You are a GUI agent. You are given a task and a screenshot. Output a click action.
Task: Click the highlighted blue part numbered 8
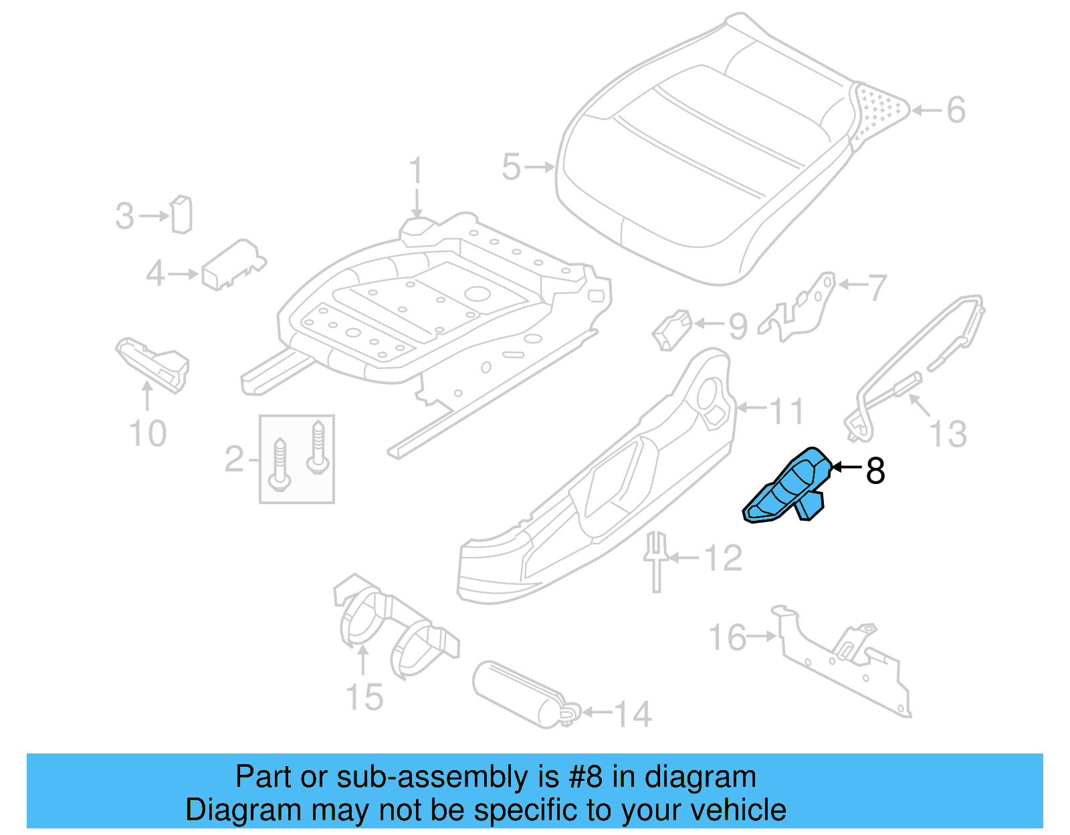coord(788,487)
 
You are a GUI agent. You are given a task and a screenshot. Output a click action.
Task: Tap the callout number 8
coord(875,471)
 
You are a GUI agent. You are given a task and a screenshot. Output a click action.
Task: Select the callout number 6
coord(956,110)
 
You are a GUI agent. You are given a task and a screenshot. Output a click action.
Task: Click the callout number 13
coord(948,434)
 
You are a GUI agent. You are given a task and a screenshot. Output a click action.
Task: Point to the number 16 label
coord(728,638)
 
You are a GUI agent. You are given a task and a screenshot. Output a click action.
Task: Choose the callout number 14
coord(633,714)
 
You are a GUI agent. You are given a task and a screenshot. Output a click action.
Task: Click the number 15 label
coord(364,697)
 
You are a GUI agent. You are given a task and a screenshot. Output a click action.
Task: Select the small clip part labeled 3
coord(181,215)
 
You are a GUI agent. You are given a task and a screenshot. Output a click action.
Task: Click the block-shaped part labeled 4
coord(231,265)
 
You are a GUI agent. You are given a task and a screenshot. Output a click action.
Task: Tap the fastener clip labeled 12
coord(656,560)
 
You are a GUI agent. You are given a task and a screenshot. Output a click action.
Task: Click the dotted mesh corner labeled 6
coord(879,111)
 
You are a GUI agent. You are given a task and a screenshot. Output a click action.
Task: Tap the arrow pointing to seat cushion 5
coord(540,167)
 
